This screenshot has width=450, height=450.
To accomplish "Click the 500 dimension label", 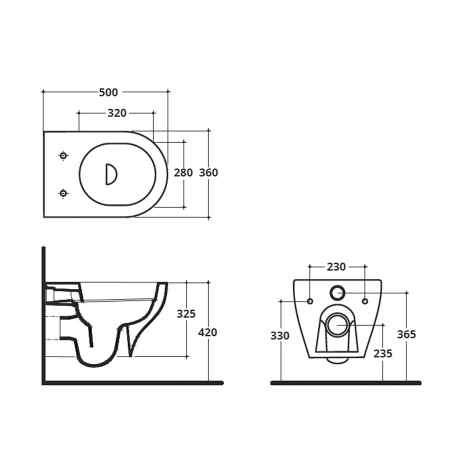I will pyautogui.click(x=108, y=92).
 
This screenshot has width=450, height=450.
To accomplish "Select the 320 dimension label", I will pyautogui.click(x=117, y=113).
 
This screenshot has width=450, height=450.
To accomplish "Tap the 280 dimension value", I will pyautogui.click(x=183, y=173).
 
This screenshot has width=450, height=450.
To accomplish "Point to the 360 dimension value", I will pyautogui.click(x=208, y=173).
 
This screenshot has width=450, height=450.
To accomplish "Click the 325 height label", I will pyautogui.click(x=186, y=314).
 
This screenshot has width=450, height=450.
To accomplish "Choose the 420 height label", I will pyautogui.click(x=208, y=332).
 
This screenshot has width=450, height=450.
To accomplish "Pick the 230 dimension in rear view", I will pyautogui.click(x=336, y=267).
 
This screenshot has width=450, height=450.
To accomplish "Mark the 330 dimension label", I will pyautogui.click(x=280, y=336).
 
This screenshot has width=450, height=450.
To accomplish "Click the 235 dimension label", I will pyautogui.click(x=382, y=353).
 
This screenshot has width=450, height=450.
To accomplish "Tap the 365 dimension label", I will pyautogui.click(x=406, y=334).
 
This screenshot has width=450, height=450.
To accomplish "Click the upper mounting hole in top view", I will pyautogui.click(x=63, y=155).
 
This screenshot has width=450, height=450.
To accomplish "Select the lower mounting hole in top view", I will pyautogui.click(x=63, y=193).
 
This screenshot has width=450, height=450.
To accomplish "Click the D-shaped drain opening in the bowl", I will pyautogui.click(x=110, y=174).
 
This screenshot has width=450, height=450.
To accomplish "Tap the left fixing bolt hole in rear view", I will pyautogui.click(x=309, y=301).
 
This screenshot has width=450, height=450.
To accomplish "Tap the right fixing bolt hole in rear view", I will pyautogui.click(x=364, y=301).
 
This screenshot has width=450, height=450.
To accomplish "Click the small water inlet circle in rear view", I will pyautogui.click(x=337, y=292).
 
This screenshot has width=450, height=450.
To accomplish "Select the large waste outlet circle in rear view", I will pyautogui.click(x=337, y=324).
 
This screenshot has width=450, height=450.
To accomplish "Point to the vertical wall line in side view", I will pyautogui.click(x=43, y=315).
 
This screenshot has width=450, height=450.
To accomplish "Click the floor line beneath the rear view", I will pyautogui.click(x=345, y=383).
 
